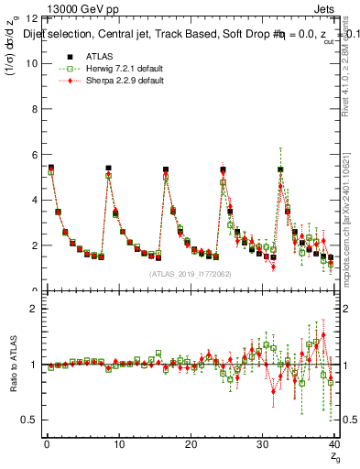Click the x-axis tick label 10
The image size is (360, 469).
pyautogui.click(x=118, y=444)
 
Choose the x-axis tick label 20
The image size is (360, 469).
pyautogui.click(x=190, y=444)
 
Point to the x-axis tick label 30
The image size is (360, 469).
pyautogui.click(x=262, y=444)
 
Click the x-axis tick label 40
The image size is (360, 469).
pyautogui.click(x=333, y=444)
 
